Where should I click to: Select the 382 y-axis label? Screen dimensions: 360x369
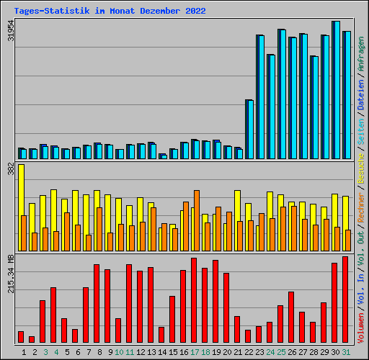point(11,168)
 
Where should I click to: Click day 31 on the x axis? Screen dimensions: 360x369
point(346,351)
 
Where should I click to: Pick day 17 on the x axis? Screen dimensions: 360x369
point(195,351)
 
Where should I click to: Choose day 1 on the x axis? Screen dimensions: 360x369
point(25,351)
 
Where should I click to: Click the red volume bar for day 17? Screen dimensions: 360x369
point(194,300)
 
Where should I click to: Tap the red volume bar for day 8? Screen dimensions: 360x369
point(97,303)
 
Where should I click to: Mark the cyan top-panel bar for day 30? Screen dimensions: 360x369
point(337,90)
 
